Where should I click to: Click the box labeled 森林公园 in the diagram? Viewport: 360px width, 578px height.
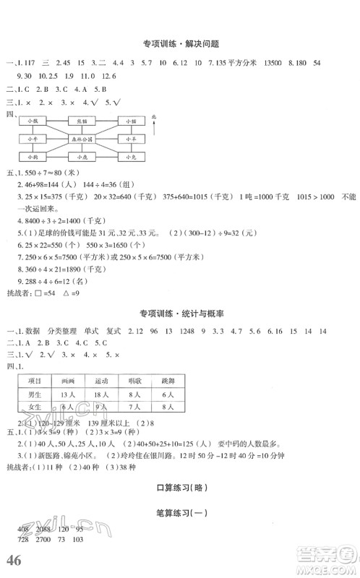(x=80, y=139)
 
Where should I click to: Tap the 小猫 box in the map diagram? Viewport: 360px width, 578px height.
(x=130, y=121)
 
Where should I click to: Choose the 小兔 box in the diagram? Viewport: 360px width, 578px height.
(x=130, y=156)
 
